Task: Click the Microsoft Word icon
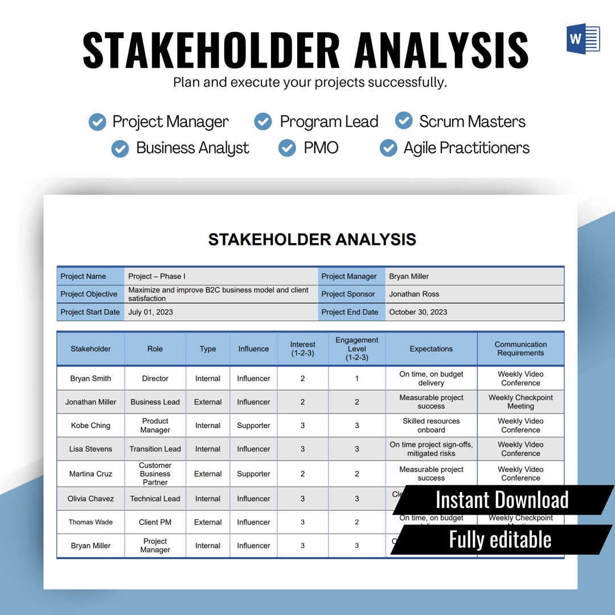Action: (x=583, y=39)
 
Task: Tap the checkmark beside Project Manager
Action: (x=97, y=122)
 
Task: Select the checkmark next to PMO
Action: (x=287, y=148)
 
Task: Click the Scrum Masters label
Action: (x=472, y=121)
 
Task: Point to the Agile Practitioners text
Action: (x=466, y=148)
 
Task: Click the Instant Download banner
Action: (x=502, y=500)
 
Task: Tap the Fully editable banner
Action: (x=500, y=539)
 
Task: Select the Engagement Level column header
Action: (x=357, y=348)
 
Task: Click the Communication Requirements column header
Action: (x=520, y=348)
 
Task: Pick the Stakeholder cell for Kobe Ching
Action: (x=91, y=425)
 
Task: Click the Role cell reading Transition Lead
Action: (x=155, y=449)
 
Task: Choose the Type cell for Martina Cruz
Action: (x=208, y=474)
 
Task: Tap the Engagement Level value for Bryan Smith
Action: (x=357, y=379)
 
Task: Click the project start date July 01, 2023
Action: (x=151, y=312)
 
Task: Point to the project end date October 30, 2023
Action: (x=418, y=312)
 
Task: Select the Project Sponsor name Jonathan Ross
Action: (x=414, y=294)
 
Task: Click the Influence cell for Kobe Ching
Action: (x=253, y=425)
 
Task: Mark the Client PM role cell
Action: (x=155, y=522)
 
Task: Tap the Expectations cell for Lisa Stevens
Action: (x=431, y=449)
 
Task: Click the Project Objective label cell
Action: (x=89, y=294)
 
